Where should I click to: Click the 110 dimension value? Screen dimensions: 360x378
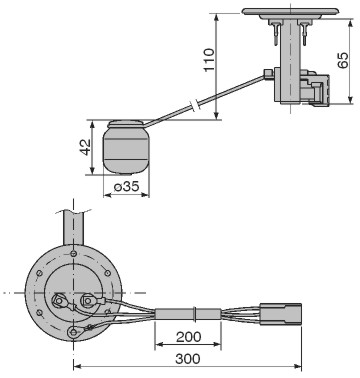209,60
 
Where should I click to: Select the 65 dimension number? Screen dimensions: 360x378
343,60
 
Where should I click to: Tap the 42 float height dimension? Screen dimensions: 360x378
86,147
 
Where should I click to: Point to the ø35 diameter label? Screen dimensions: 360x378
126,187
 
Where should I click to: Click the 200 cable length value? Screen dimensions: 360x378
189,337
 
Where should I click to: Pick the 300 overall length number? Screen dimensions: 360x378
188,359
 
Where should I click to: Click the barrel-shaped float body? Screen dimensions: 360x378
126,150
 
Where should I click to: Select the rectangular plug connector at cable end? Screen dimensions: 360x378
281,314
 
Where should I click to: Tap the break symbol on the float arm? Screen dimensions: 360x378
196,104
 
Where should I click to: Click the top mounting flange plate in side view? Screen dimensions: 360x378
292,12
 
